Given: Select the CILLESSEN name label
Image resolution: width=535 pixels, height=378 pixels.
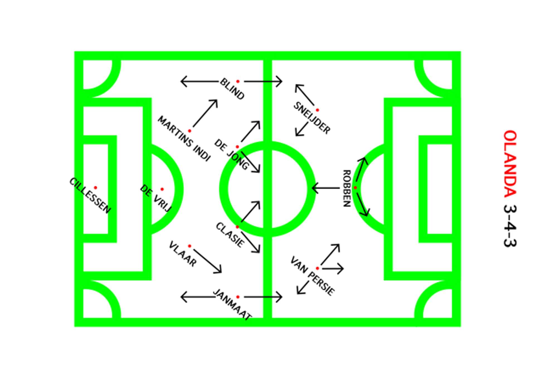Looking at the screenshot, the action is pos(90,196).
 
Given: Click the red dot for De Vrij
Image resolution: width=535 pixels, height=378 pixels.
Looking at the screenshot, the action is pos(162,189).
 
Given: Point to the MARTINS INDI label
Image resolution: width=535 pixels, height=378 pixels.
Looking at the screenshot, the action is pos(184,139).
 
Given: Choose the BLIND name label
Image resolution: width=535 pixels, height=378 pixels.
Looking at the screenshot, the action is pos(232,89).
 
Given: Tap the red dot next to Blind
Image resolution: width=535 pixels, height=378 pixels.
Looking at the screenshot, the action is pos(238,81).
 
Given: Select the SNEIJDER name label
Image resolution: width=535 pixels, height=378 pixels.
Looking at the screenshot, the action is pos(312,118).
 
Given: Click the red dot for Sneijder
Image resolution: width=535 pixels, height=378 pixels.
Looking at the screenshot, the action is pos(317,110).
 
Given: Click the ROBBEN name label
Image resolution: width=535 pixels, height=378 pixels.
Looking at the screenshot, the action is pos(346,188).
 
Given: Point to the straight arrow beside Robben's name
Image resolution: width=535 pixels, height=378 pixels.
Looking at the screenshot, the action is pos(326,188).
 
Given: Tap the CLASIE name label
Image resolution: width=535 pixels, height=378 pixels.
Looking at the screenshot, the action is pos(230,235).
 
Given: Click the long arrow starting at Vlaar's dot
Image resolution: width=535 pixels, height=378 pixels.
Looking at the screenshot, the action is pos(208,261).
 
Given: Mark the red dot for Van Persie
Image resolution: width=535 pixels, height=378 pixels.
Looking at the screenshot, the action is pos(317,268).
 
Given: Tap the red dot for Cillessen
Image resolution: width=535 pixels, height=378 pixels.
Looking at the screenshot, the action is pos(95,188).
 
